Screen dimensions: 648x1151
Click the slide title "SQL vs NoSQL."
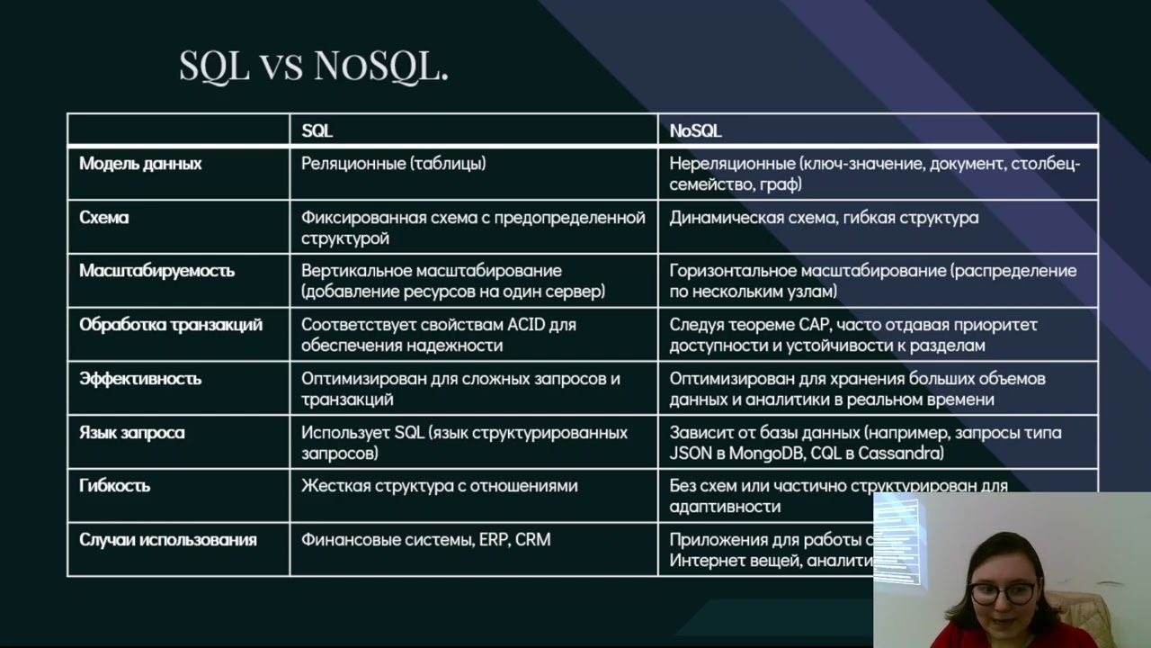pos(314,66)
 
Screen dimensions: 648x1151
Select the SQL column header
pos(317,131)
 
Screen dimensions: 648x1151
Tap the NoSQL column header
pos(695,131)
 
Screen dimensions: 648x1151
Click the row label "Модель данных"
pos(140,164)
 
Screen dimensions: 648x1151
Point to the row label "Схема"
pos(104,218)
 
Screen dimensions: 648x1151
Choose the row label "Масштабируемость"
pos(156,271)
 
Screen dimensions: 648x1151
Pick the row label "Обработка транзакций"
pos(171,325)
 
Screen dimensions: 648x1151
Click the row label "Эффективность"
pos(139,379)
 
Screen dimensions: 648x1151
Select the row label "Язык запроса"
pos(132,433)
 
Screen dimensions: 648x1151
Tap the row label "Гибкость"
pos(115,486)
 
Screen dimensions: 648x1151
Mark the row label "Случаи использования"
pos(168,540)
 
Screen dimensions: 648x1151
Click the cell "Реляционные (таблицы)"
pos(394,164)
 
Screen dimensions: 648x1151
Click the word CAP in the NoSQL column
pos(808,325)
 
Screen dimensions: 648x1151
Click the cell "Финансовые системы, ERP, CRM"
pos(426,540)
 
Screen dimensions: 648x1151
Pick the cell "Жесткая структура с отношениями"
pos(440,486)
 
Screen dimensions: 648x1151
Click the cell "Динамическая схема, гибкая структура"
pos(824,218)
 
